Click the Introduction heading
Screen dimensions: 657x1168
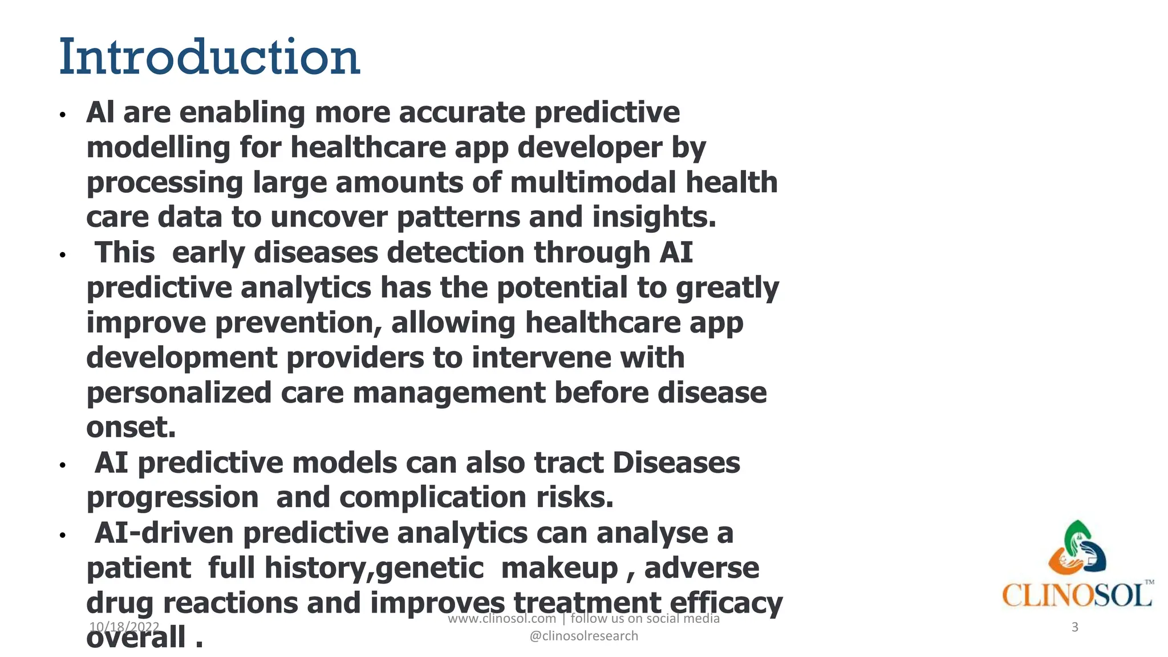209,57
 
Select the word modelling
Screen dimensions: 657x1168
158,148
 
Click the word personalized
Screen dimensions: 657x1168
179,393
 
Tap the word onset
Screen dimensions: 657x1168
131,428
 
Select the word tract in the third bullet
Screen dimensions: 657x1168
569,463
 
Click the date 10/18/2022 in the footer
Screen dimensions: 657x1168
124,627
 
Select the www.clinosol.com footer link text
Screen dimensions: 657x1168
501,619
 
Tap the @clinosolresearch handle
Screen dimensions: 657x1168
583,636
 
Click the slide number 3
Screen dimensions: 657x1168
1074,627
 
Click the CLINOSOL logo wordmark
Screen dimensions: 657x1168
1077,596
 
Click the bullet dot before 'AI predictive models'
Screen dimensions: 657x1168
63,465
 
